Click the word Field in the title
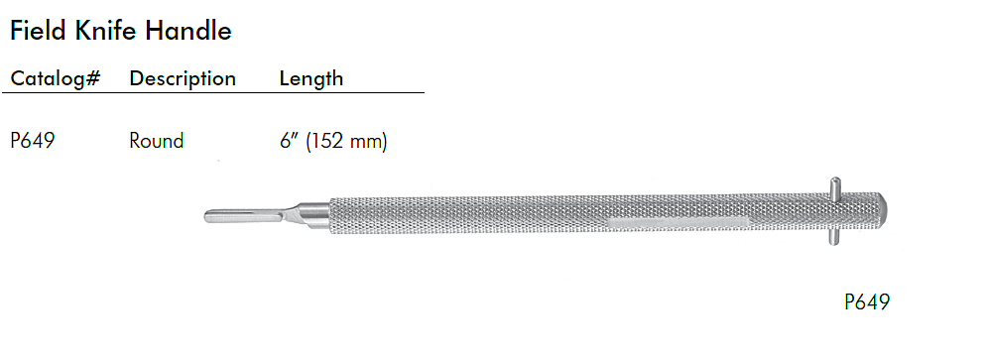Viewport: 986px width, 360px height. coord(39,30)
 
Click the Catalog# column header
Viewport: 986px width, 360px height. coord(56,79)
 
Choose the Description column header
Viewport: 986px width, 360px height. coord(183,79)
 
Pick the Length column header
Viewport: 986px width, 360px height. coord(311,79)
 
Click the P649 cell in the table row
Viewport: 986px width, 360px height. coord(33,141)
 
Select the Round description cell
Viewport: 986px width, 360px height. coord(157,141)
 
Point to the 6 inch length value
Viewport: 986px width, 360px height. coord(288,140)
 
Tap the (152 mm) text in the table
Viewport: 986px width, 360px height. coord(346,142)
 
